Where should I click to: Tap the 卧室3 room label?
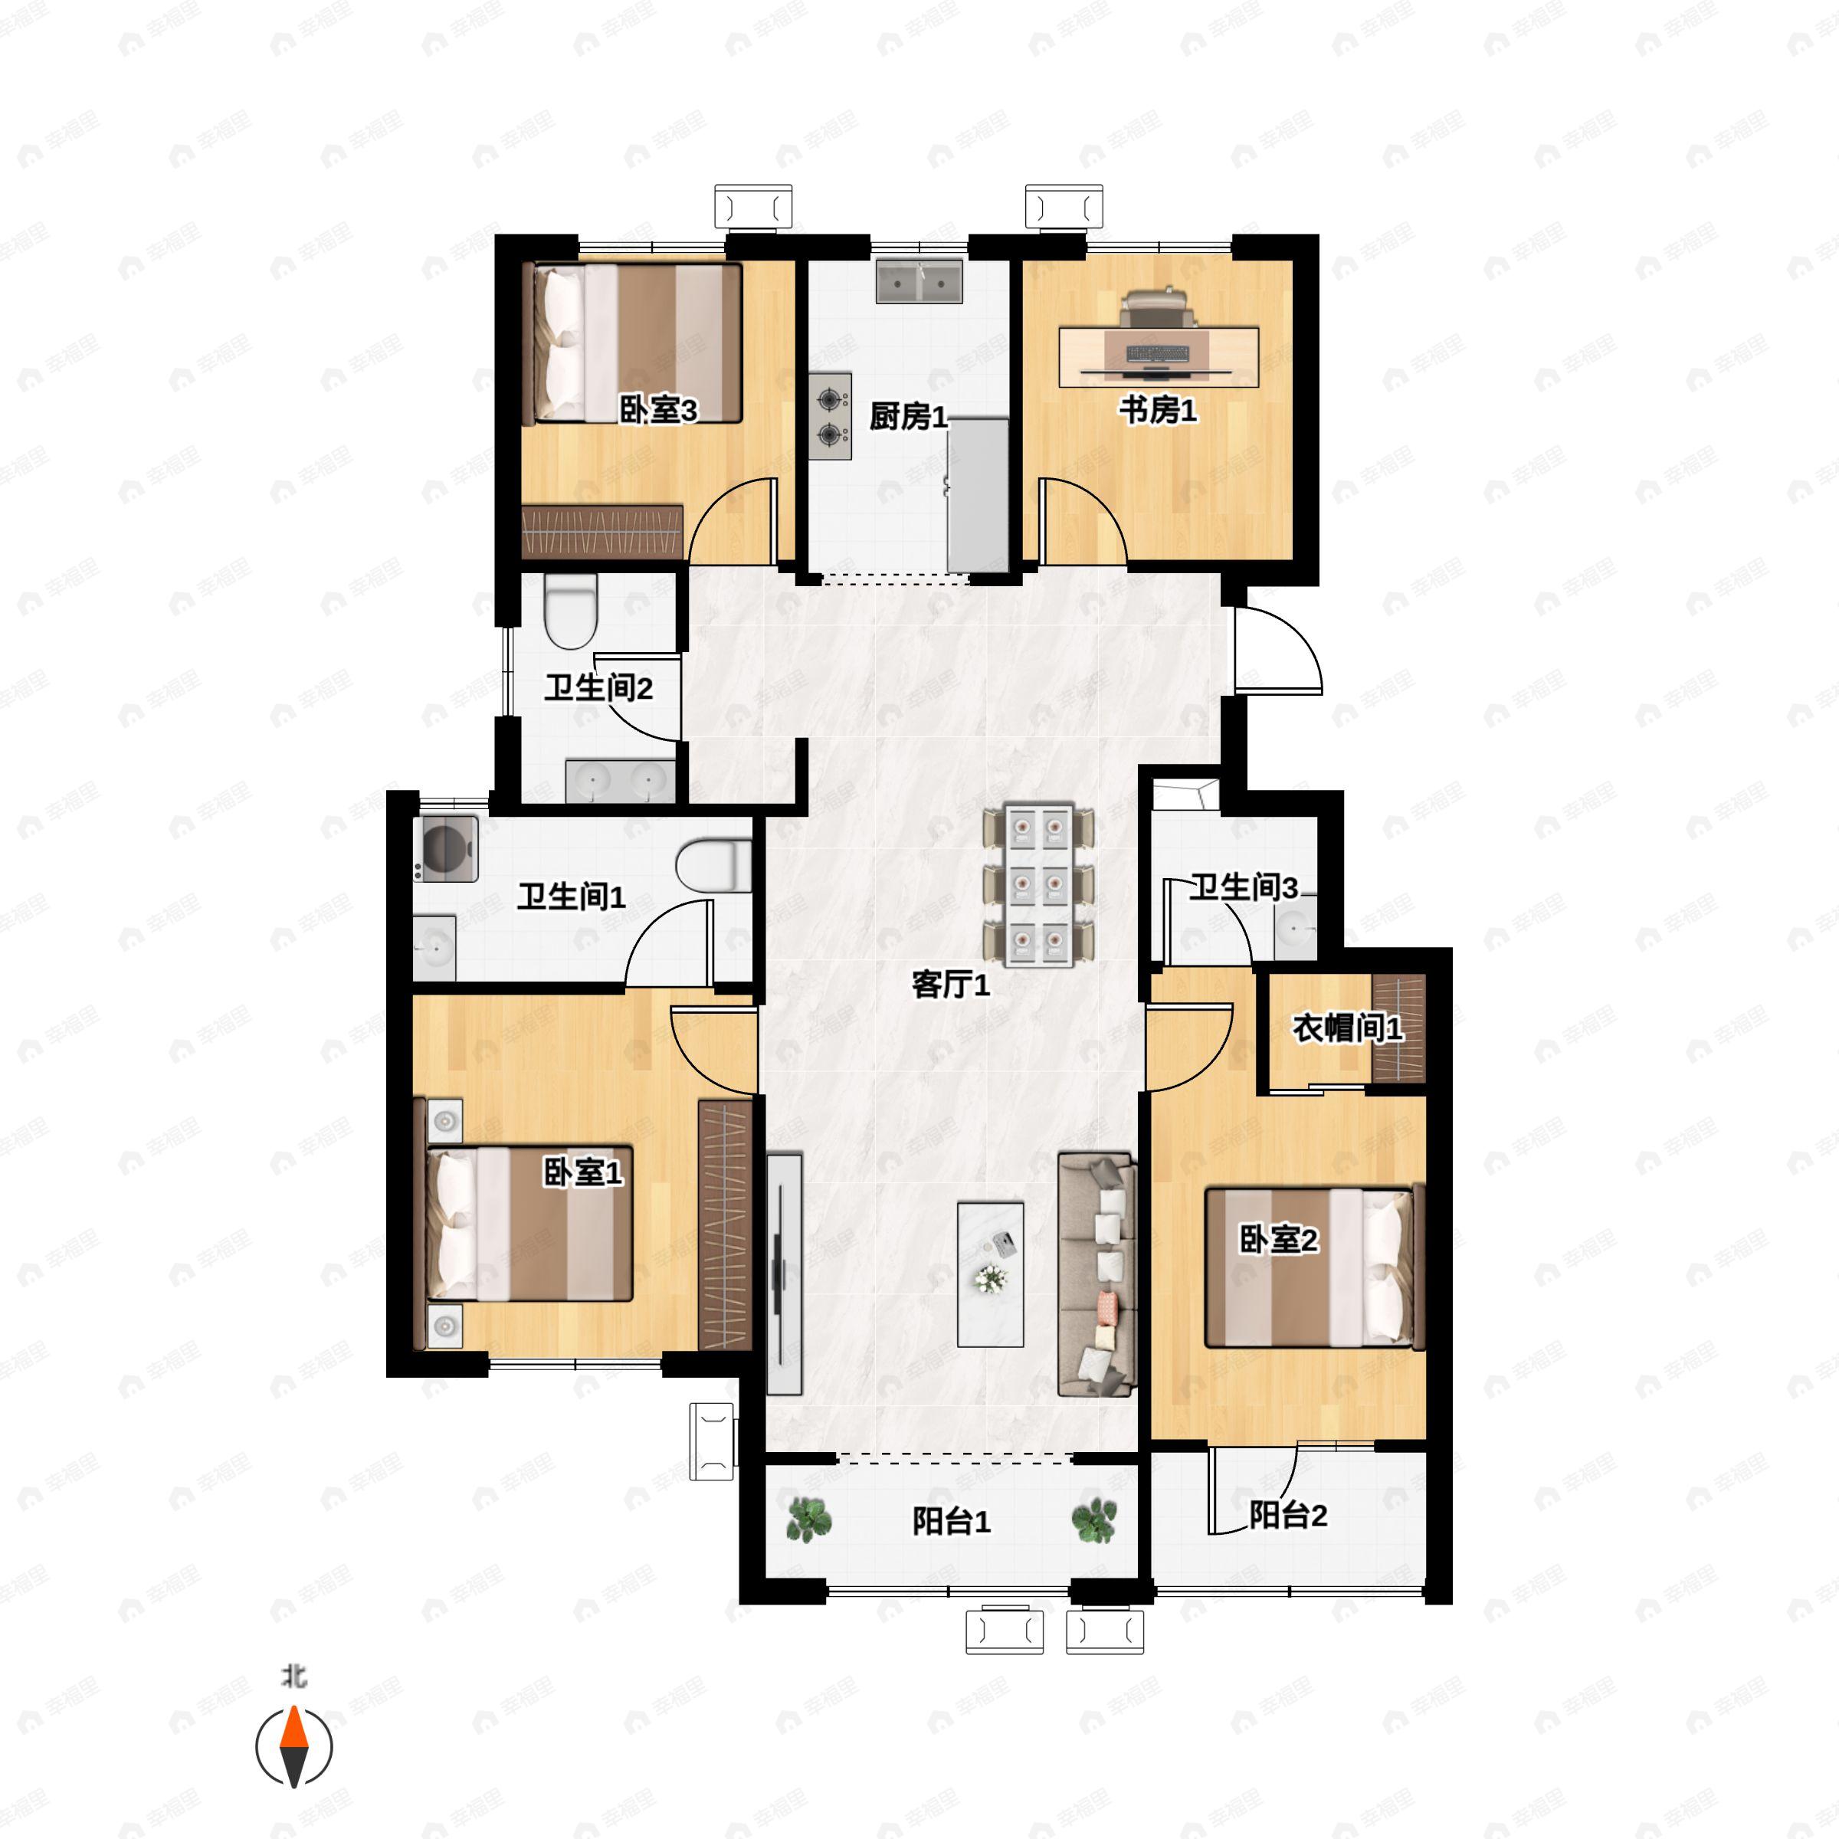point(657,410)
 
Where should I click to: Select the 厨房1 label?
point(908,416)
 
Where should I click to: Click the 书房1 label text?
point(1158,410)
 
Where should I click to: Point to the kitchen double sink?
point(919,283)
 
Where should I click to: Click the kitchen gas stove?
point(831,415)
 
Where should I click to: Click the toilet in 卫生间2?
point(570,610)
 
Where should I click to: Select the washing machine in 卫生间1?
point(445,848)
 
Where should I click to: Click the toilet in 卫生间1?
point(714,865)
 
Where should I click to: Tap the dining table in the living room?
point(1038,885)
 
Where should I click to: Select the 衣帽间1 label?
point(1347,1029)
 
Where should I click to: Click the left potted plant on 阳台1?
point(808,1520)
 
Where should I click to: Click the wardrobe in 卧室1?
point(726,1224)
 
